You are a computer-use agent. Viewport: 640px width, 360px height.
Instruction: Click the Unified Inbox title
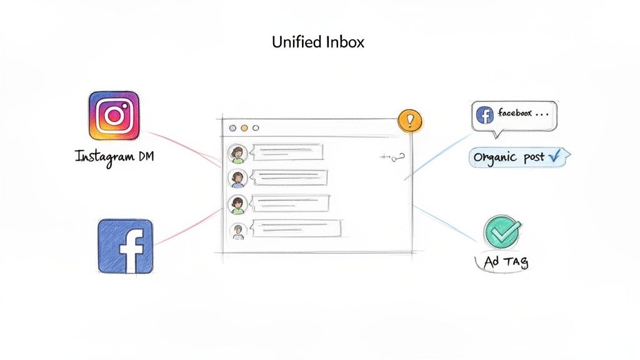[x=318, y=42]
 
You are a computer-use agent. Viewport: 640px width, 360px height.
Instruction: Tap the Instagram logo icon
[x=114, y=116]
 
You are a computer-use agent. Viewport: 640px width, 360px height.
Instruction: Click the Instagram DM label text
[x=114, y=156]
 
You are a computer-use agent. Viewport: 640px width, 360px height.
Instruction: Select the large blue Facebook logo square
[x=126, y=246]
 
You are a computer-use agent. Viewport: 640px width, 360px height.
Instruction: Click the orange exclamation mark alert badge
[x=410, y=121]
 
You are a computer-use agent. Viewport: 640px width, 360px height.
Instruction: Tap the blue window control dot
[x=233, y=128]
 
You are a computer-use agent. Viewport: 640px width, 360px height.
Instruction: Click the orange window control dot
[x=244, y=128]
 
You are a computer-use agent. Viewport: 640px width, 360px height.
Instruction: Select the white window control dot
[x=255, y=128]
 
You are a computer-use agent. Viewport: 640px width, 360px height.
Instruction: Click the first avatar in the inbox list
[x=237, y=152]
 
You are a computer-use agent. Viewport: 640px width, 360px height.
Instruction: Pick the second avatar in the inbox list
[x=237, y=177]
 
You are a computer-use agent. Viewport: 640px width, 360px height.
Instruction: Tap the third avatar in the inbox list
[x=237, y=204]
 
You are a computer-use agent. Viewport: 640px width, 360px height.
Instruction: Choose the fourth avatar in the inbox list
[x=237, y=231]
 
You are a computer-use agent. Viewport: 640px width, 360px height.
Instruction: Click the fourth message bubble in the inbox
[x=295, y=229]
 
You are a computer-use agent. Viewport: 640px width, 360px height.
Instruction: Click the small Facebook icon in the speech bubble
[x=484, y=114]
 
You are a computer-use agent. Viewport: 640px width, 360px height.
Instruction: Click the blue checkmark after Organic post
[x=553, y=157]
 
